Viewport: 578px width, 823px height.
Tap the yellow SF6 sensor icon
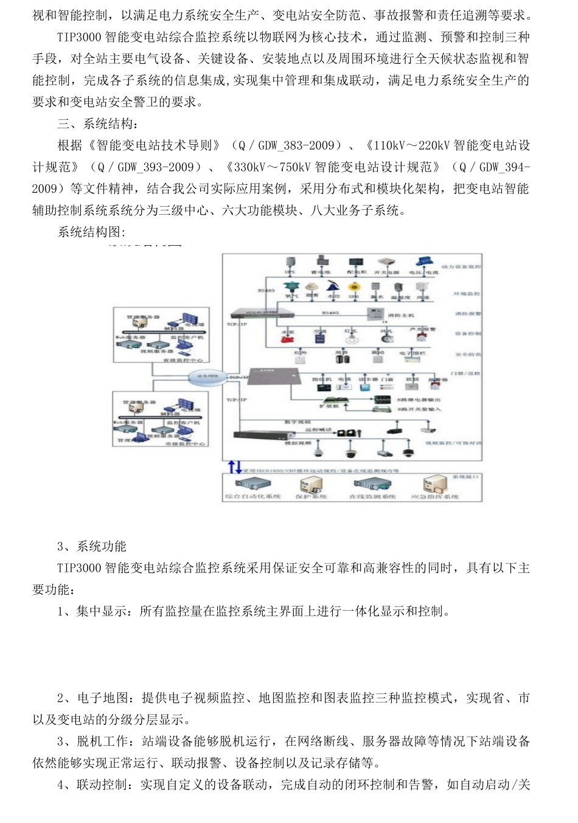[x=353, y=287]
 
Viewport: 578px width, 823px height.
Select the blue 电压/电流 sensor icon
[x=424, y=262]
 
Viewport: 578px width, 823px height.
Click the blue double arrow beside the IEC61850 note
[x=234, y=468]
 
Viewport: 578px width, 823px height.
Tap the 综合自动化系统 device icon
[x=252, y=484]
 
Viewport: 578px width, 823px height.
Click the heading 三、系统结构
[x=97, y=123]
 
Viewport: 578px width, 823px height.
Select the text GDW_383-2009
[x=296, y=145]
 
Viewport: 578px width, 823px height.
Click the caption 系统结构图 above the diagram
[x=91, y=232]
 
